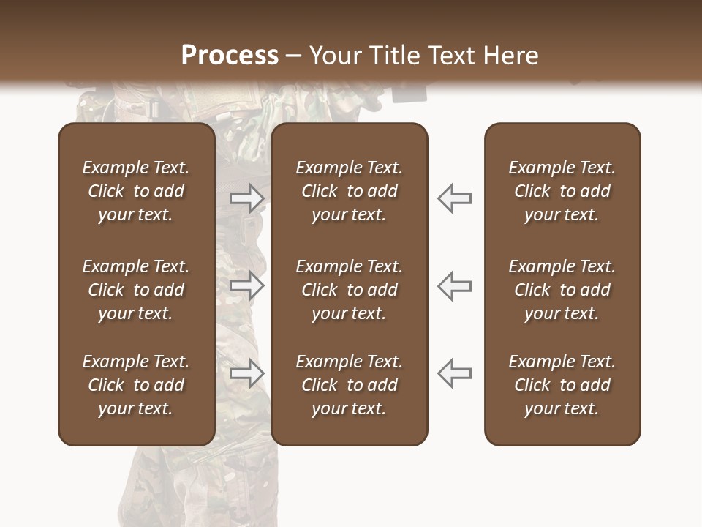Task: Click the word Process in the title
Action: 230,56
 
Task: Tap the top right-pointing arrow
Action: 247,198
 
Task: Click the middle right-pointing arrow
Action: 247,285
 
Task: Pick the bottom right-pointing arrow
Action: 247,373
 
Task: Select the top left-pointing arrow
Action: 455,198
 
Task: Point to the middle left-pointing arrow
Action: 455,285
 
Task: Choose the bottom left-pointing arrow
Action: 455,373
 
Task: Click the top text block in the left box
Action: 136,191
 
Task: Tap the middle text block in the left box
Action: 136,290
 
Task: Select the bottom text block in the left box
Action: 136,385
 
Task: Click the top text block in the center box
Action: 349,191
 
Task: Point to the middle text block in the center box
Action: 349,290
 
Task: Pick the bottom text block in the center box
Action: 349,385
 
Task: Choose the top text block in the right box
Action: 562,191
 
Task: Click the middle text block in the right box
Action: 562,290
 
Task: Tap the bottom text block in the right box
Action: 562,385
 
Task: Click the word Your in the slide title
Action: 334,56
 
